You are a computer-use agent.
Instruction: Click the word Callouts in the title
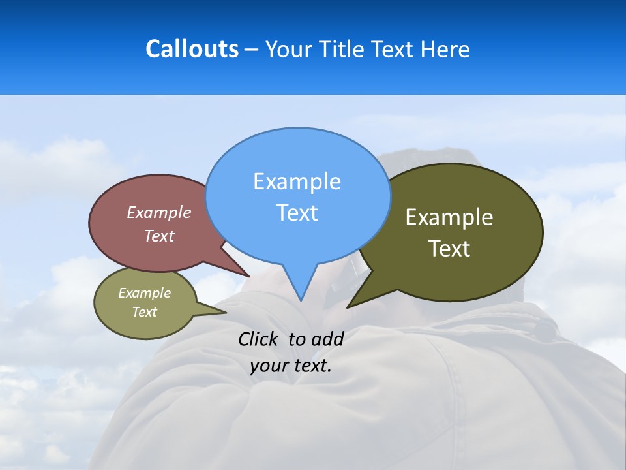point(192,49)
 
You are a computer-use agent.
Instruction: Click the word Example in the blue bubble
point(297,181)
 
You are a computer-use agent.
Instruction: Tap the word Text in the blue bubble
point(297,213)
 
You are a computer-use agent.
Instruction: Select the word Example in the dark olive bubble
point(449,217)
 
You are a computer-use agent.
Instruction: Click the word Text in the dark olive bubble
point(449,249)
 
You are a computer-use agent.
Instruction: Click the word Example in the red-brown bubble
point(159,212)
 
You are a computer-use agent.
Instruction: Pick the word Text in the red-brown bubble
point(159,236)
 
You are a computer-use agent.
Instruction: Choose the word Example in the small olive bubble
point(144,293)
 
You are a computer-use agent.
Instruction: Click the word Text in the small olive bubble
point(144,312)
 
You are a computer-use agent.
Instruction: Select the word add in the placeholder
point(327,339)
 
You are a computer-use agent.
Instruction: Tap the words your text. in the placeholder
point(291,366)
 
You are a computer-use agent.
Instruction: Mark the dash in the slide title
point(252,50)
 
